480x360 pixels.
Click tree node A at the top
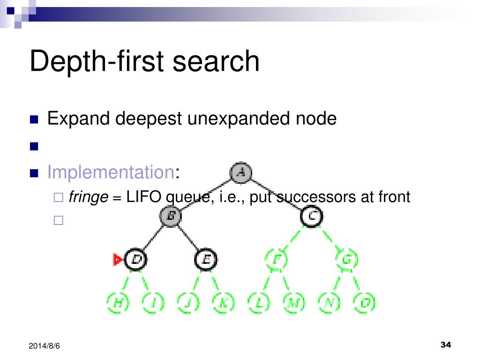click(241, 172)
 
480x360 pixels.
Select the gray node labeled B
click(171, 216)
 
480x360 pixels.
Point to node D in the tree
click(135, 259)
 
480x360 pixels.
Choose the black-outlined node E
click(205, 259)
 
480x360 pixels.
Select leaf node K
click(223, 303)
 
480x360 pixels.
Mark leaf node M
click(293, 303)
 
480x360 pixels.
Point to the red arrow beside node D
click(118, 259)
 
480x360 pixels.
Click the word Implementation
click(111, 173)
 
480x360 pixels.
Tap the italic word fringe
click(89, 197)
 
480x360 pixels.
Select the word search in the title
click(215, 62)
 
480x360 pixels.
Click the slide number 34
click(446, 345)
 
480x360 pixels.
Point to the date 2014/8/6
click(45, 346)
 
